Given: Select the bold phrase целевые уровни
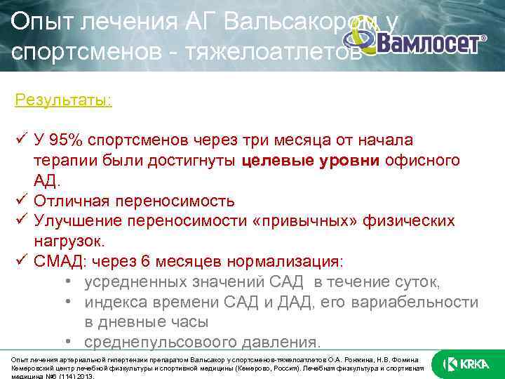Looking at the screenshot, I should pyautogui.click(x=311, y=161).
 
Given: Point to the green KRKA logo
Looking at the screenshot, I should pyautogui.click(x=462, y=364).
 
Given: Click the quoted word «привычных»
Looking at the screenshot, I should pyautogui.click(x=308, y=221).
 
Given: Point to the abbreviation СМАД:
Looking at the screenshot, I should pyautogui.click(x=59, y=262).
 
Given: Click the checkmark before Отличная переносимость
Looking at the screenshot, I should pyautogui.click(x=20, y=201).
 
